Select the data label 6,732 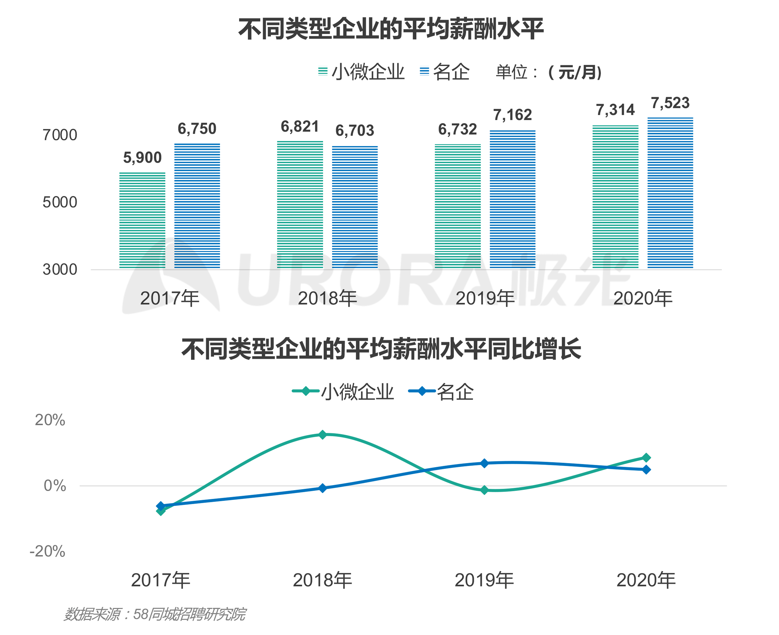pyautogui.click(x=457, y=129)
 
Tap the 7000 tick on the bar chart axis pyautogui.click(x=60, y=135)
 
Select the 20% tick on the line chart pyautogui.click(x=50, y=420)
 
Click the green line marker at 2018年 pyautogui.click(x=322, y=435)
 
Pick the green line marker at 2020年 pyautogui.click(x=646, y=458)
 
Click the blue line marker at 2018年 pyautogui.click(x=322, y=488)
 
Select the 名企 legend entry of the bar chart pyautogui.click(x=444, y=72)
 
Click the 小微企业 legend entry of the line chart pyautogui.click(x=343, y=392)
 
